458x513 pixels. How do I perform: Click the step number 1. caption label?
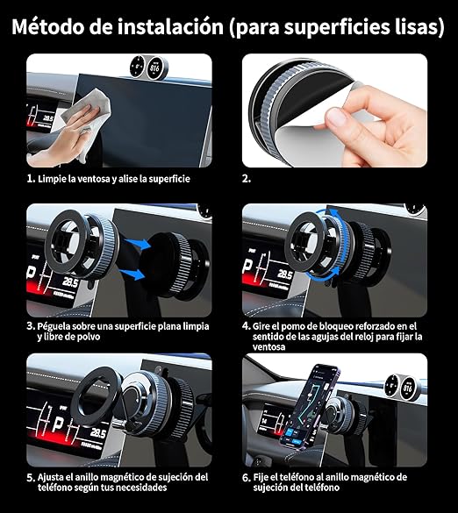click(x=31, y=178)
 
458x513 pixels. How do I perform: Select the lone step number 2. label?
click(x=247, y=178)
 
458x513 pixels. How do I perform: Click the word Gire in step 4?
click(x=265, y=324)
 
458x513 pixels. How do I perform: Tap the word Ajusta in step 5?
click(x=54, y=477)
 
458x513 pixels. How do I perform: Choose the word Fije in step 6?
click(x=262, y=477)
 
